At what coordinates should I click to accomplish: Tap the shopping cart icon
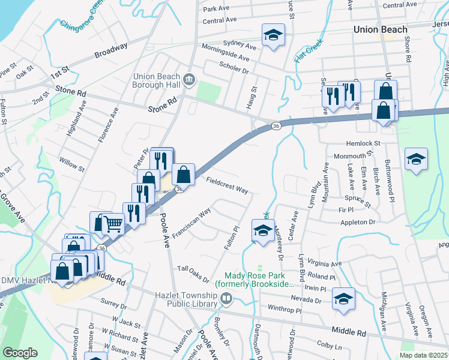click(114, 225)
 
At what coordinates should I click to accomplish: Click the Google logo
click(20, 353)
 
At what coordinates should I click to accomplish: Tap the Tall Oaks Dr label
click(193, 273)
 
